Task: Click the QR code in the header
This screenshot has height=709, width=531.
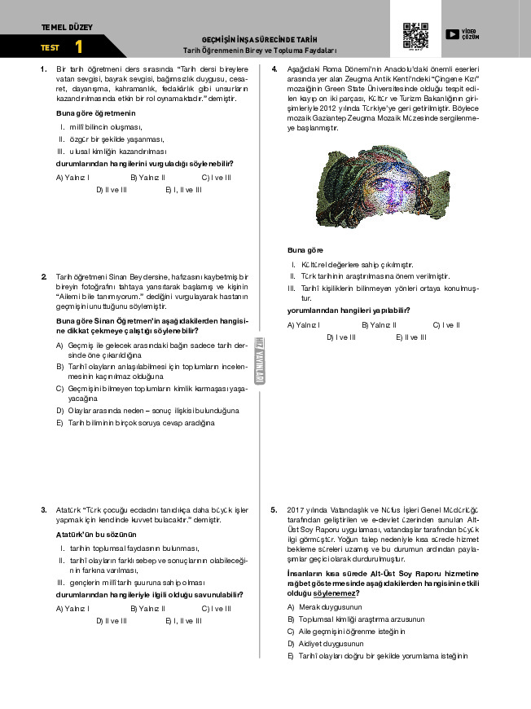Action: click(415, 36)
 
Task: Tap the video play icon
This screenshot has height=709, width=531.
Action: click(451, 33)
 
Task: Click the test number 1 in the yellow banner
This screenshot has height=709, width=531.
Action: click(78, 47)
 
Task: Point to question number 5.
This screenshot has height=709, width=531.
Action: click(274, 509)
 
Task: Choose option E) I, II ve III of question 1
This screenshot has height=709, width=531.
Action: click(183, 189)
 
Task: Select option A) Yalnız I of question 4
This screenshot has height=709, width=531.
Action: click(304, 325)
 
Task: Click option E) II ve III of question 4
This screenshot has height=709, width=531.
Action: click(411, 337)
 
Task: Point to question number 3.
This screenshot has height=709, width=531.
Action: click(44, 509)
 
